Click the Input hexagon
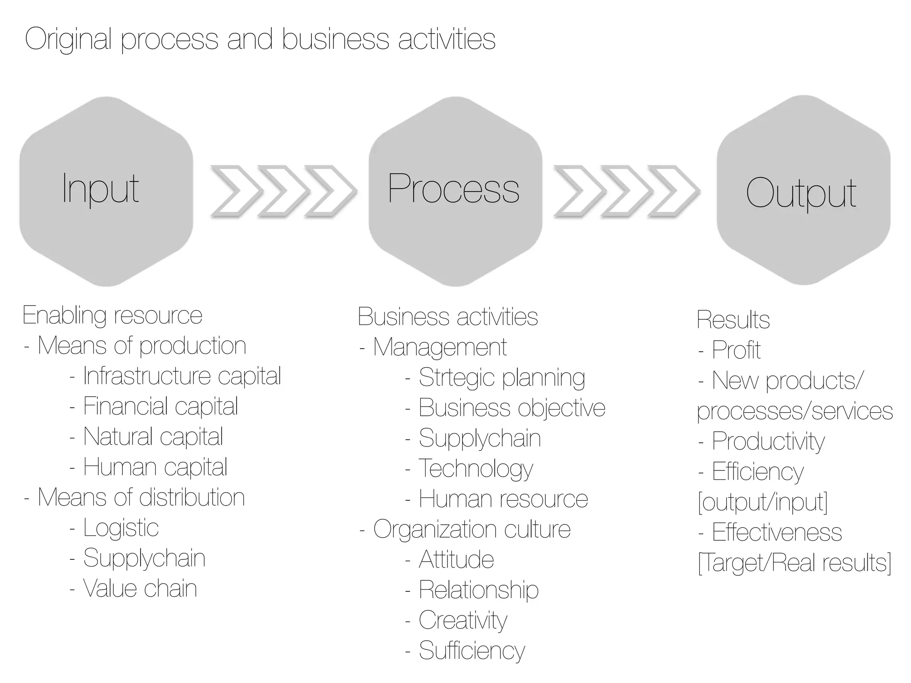106,191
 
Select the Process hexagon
455,191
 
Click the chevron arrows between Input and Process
283,191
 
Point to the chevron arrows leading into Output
626,191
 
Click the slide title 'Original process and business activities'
260,39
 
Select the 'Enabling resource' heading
113,316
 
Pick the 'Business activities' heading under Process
447,317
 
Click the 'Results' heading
733,320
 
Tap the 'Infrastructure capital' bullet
181,376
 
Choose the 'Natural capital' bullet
153,437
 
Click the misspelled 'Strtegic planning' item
501,378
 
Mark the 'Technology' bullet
476,469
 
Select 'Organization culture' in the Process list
472,529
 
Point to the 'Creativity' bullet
463,620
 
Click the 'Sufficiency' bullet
472,651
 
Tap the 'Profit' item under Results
736,350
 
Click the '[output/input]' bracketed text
762,502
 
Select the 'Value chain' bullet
140,589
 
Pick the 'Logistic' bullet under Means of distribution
121,528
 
